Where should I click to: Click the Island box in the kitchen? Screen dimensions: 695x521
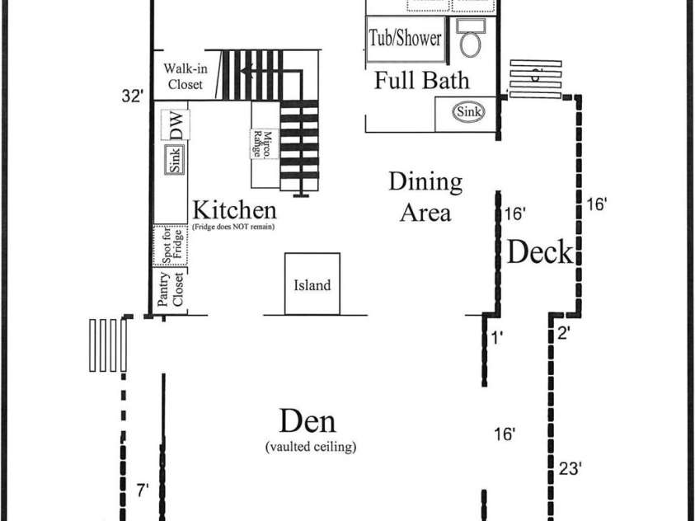pos(312,284)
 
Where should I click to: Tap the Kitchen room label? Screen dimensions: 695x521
pos(234,210)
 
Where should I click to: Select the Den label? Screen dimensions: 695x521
pos(308,421)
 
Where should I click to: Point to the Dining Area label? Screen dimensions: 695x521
pos(425,197)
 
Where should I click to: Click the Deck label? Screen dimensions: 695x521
pos(540,251)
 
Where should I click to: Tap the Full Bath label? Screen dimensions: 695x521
pos(421,80)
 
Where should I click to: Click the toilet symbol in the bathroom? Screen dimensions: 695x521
pos(471,38)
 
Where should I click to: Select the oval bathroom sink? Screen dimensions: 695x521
pos(468,111)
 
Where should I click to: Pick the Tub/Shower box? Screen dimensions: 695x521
pos(405,39)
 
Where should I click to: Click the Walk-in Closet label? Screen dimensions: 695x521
pos(185,76)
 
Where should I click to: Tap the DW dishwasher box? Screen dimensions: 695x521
pos(176,125)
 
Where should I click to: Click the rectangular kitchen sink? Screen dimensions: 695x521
pos(175,159)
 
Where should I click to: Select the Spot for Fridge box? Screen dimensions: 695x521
pos(171,246)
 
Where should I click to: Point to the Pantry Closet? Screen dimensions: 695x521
pos(170,290)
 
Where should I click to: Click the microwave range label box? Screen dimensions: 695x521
pos(265,144)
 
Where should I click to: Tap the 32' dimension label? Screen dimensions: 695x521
pos(133,96)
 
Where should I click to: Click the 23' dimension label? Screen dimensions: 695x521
pos(570,468)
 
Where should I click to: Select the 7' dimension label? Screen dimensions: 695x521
pos(143,490)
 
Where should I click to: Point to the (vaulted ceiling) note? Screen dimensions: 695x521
pos(311,447)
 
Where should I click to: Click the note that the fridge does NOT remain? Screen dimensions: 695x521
pos(233,227)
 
